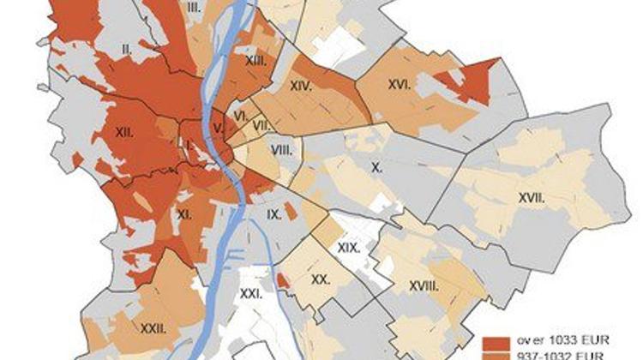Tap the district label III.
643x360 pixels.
point(194,7)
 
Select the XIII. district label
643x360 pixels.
point(254,62)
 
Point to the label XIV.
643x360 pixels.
point(300,86)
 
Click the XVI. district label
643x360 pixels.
point(400,84)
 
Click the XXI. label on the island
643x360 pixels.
point(253,294)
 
